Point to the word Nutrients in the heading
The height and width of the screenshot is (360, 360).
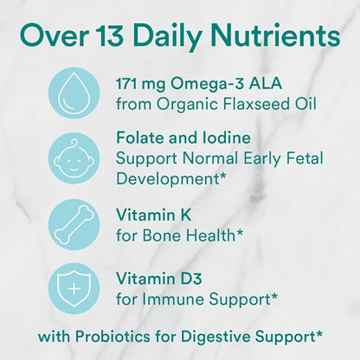(x=275, y=36)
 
